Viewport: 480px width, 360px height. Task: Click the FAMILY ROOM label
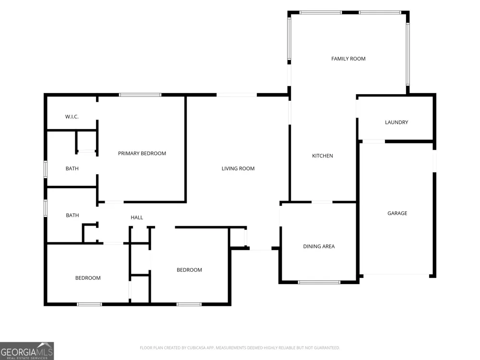click(348, 59)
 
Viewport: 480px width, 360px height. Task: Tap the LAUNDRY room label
click(396, 122)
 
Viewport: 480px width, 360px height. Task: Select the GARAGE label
click(397, 213)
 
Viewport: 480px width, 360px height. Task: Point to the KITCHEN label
click(323, 156)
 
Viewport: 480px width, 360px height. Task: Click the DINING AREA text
click(319, 246)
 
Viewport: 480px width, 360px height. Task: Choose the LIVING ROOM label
click(238, 168)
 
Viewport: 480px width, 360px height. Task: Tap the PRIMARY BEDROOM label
click(142, 153)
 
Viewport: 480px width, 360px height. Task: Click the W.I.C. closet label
click(72, 117)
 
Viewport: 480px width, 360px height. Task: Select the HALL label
click(137, 217)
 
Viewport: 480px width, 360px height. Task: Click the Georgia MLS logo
click(27, 351)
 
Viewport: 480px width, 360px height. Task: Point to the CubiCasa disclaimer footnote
click(240, 348)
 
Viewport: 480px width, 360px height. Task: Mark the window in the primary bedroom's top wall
click(140, 95)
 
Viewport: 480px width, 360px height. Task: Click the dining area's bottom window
click(319, 282)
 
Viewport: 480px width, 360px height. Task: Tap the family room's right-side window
click(408, 54)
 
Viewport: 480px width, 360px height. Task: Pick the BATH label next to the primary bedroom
click(72, 168)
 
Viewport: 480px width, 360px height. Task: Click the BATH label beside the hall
click(72, 215)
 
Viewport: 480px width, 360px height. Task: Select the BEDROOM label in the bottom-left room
click(88, 277)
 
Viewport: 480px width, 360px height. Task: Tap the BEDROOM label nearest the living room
click(189, 270)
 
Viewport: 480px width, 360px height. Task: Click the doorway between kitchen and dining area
click(322, 202)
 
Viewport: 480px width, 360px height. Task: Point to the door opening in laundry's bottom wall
click(374, 142)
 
